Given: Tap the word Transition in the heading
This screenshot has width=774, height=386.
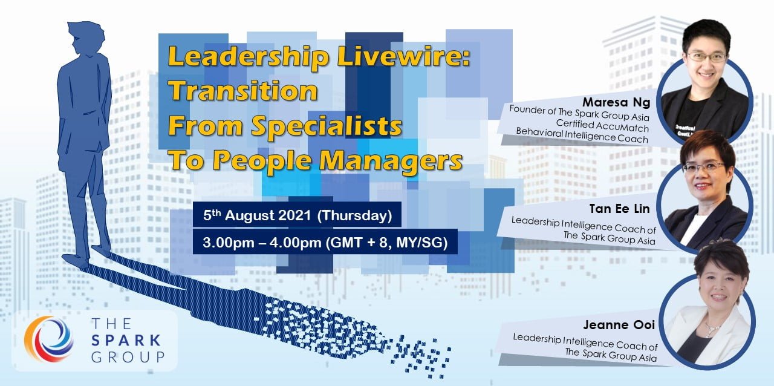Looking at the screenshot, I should (243, 91).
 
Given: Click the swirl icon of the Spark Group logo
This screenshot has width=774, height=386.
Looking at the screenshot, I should (48, 338).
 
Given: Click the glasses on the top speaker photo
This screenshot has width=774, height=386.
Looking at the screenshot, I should (706, 57).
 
